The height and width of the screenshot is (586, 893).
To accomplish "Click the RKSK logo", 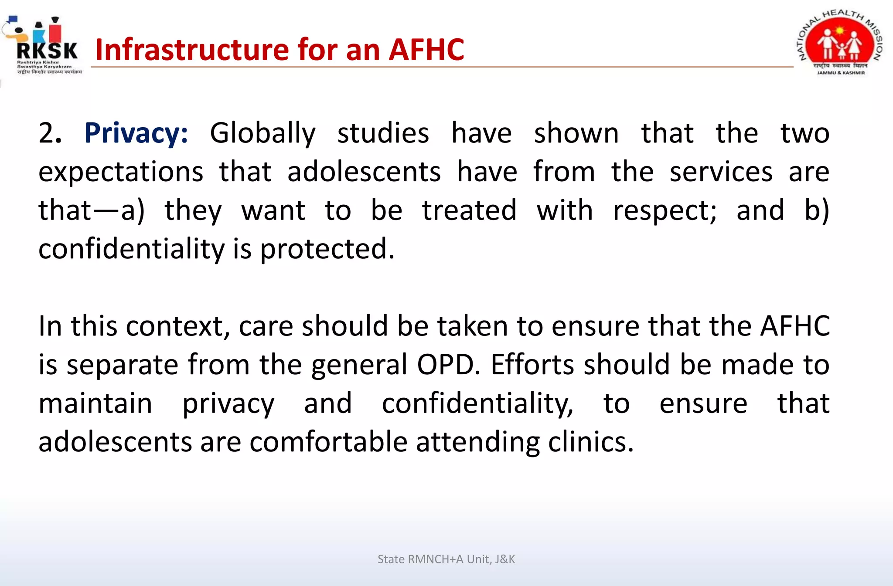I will pyautogui.click(x=44, y=46).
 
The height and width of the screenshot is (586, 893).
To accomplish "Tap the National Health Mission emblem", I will pyautogui.click(x=840, y=44).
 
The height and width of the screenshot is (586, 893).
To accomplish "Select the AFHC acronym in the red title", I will pyautogui.click(x=426, y=49).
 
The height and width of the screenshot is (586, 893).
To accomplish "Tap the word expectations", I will pyautogui.click(x=121, y=173).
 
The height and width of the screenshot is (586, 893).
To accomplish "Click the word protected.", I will pyautogui.click(x=327, y=250).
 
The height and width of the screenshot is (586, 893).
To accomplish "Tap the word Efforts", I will pyautogui.click(x=536, y=365).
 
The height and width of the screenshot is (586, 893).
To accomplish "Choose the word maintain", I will pyautogui.click(x=95, y=403).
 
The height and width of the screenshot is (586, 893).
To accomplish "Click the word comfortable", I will pyautogui.click(x=328, y=442).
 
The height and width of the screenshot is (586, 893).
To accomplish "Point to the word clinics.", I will pyautogui.click(x=590, y=442).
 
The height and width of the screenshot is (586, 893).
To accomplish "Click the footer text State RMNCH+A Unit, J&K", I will pyautogui.click(x=446, y=559).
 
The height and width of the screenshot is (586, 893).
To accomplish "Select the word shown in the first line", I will pyautogui.click(x=576, y=133).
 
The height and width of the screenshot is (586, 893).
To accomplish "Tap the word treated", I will pyautogui.click(x=469, y=211).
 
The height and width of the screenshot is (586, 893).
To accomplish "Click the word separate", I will pyautogui.click(x=122, y=366).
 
